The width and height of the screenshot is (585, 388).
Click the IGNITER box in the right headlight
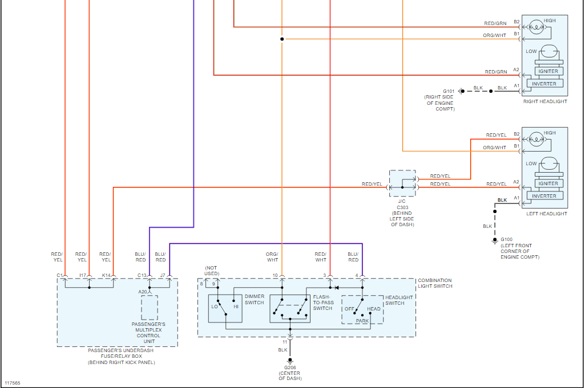point(548,71)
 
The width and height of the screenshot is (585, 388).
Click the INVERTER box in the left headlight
point(544,196)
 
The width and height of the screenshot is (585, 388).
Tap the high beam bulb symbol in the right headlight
point(536,27)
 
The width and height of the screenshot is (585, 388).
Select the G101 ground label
point(449,91)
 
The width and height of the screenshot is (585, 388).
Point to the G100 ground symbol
point(495,240)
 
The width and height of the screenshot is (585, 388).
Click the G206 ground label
point(290,367)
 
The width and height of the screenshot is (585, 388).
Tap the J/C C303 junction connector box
point(402,183)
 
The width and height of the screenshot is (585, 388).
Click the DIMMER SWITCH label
point(255,299)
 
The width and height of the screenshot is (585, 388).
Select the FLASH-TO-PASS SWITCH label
point(322,303)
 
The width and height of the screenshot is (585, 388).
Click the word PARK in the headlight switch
point(362,321)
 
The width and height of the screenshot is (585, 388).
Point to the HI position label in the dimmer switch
point(236,307)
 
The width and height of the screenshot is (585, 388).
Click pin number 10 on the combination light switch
point(275,276)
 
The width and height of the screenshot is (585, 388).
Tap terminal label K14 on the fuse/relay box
point(106,276)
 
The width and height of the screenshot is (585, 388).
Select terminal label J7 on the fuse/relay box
point(163,276)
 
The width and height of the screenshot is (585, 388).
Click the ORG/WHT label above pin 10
point(272,257)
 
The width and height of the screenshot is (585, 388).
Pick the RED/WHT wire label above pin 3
point(321,257)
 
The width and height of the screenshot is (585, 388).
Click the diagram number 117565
point(13,383)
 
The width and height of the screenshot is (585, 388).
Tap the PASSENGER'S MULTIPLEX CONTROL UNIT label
point(148,333)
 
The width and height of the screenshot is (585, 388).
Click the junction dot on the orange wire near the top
point(282,39)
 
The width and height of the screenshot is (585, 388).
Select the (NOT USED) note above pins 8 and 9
point(212,271)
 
